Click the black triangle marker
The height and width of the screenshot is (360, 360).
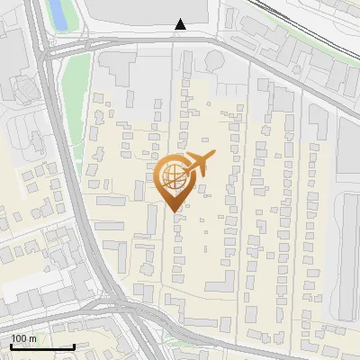tap(181, 24)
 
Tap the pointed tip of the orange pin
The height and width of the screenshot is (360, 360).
tap(175, 211)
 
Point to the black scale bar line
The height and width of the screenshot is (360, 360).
tap(42, 346)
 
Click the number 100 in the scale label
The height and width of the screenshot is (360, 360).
tap(20, 338)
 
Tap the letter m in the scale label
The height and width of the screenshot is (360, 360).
tap(33, 338)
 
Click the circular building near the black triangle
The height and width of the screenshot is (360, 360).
tap(216, 59)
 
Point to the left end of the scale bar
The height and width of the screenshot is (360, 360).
tap(11, 346)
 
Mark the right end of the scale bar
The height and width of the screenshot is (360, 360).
tap(74, 346)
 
